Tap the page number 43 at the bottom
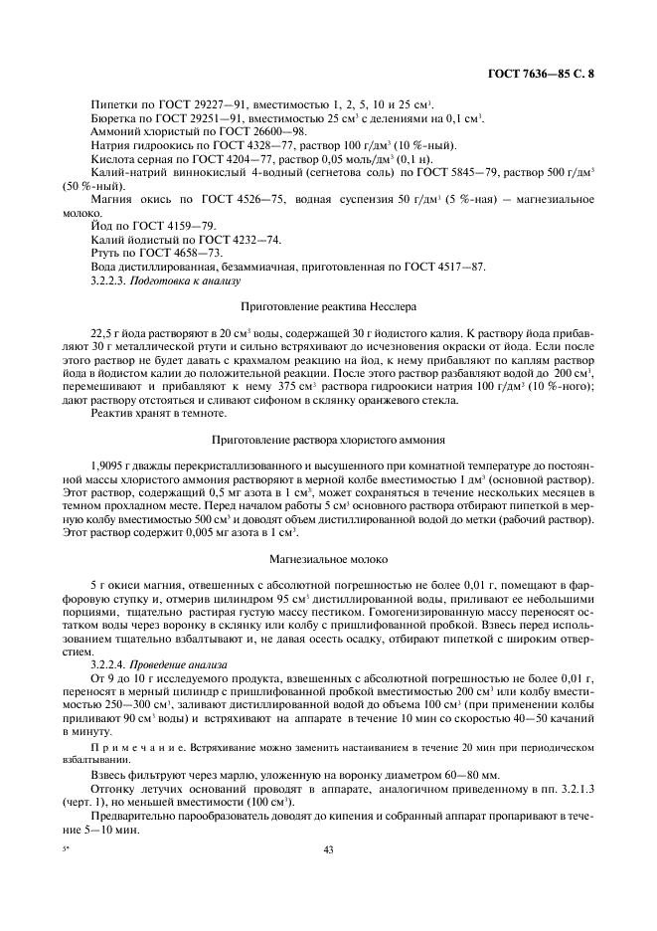click(328, 848)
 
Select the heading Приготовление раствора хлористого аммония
click(328, 439)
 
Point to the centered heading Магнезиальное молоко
click(328, 560)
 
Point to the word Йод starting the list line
click(100, 227)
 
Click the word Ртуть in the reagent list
click(105, 254)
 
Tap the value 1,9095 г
click(111, 465)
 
